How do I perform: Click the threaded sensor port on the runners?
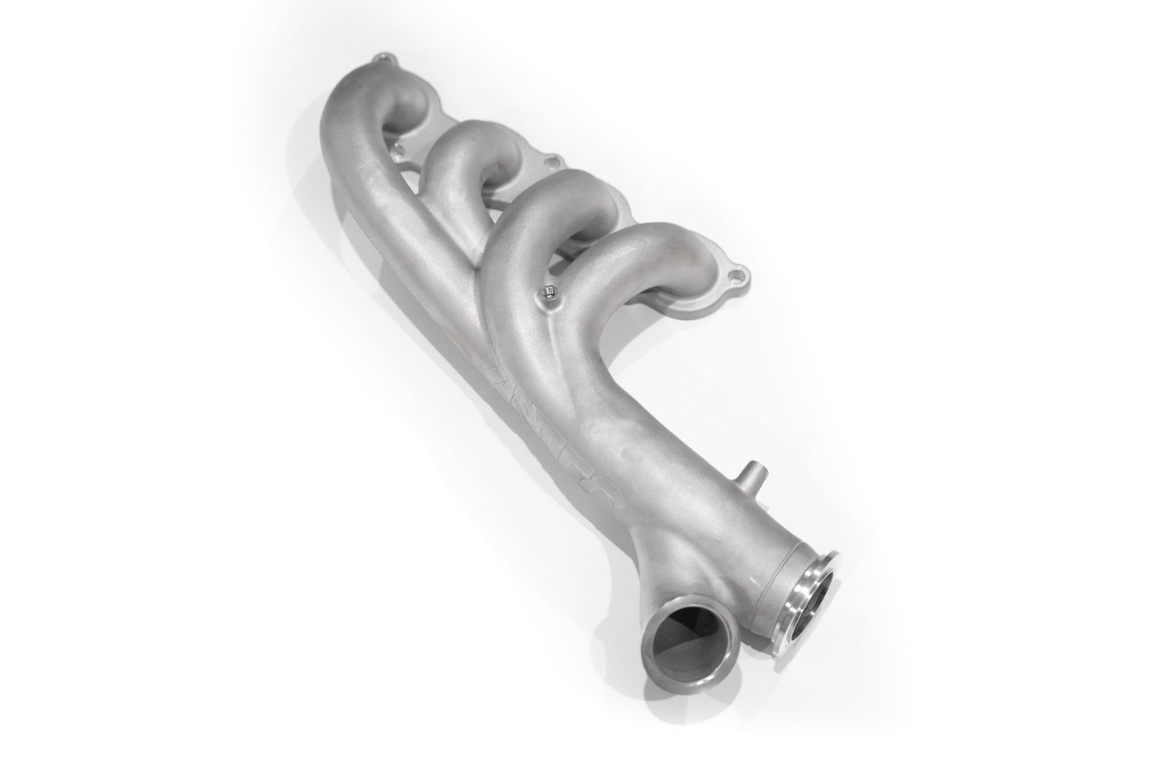coord(548,291)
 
